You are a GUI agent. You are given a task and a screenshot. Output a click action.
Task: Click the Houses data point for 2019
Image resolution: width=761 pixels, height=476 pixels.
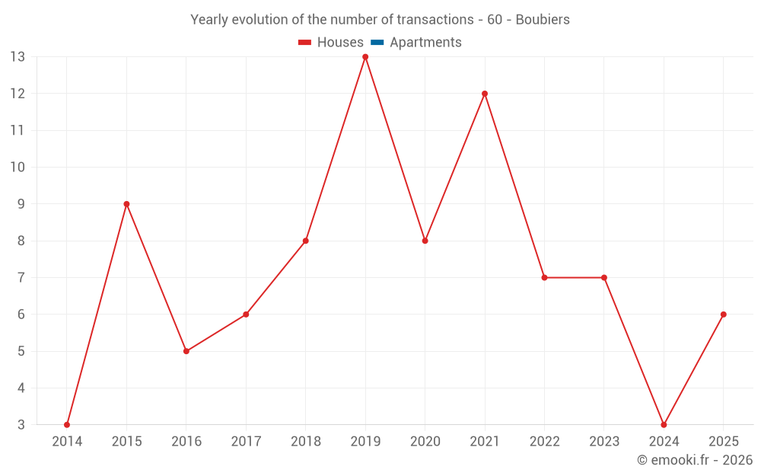[x=365, y=57]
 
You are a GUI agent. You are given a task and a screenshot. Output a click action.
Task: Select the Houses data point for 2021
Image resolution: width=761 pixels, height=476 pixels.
[x=485, y=94]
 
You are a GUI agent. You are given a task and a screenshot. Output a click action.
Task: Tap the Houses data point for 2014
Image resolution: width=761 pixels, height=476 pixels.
[x=67, y=424]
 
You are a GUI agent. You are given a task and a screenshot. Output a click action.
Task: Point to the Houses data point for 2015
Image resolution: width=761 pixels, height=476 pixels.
[x=126, y=204]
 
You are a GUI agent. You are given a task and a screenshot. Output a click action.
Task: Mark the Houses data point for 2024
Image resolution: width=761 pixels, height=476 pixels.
[x=664, y=424]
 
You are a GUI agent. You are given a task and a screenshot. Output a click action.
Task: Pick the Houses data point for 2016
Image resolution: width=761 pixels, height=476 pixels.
[x=186, y=351]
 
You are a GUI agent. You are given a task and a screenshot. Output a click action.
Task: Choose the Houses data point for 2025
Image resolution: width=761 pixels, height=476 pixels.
[x=723, y=315]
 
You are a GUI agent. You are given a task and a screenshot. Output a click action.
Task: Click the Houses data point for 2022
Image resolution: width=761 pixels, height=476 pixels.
[x=544, y=277]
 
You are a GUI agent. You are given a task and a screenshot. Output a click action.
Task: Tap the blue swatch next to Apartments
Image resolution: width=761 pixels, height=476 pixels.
[x=377, y=43]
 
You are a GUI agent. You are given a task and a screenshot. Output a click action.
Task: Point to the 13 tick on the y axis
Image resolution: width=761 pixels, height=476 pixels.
[x=18, y=57]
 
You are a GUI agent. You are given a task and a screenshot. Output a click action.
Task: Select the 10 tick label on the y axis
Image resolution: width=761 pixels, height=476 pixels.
[x=18, y=168]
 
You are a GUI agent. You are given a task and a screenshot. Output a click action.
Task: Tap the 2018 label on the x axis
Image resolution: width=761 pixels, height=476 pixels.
[x=305, y=442]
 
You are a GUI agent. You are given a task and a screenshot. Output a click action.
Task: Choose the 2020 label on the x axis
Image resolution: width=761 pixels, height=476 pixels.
[x=425, y=442]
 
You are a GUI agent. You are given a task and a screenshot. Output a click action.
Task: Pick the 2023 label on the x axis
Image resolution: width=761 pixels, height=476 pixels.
[x=603, y=442]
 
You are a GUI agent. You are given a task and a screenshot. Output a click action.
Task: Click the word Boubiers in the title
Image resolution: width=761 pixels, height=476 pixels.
[x=543, y=20]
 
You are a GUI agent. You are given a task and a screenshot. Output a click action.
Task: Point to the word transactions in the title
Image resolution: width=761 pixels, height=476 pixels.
[x=437, y=20]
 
